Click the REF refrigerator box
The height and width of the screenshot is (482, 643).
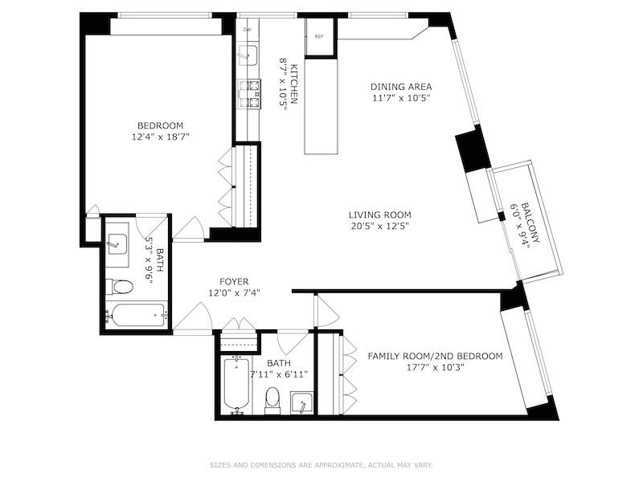319,37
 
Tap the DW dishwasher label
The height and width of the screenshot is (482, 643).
247,30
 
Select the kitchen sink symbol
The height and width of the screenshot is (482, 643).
248,55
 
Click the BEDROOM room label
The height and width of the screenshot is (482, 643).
161,125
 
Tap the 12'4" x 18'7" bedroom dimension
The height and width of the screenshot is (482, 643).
161,138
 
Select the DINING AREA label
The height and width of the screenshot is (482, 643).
401,87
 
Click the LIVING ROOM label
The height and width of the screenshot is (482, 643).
379,214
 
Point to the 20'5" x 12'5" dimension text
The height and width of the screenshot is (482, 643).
379,227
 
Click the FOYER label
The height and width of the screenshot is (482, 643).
235,281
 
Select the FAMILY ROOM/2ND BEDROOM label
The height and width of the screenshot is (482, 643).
435,356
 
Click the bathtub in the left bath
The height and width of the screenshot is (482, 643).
137,316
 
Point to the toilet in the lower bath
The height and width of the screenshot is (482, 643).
272,398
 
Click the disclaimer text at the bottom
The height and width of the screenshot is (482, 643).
321,465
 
